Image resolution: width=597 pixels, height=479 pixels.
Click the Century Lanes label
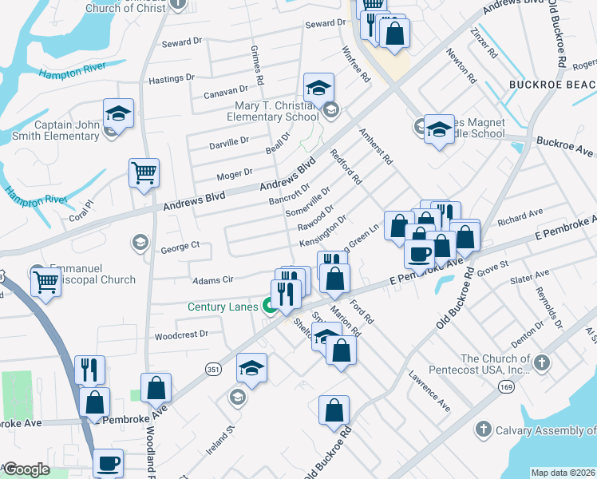[223, 307]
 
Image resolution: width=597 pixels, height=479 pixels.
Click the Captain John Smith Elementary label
[66, 130]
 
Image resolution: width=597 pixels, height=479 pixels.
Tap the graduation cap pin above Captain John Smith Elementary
[118, 114]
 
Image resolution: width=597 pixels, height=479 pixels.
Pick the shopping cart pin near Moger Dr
[144, 173]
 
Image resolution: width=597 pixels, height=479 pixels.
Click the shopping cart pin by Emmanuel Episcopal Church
[46, 282]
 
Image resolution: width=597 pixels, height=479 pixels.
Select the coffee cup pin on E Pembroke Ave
[420, 255]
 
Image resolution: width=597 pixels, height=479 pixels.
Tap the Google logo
[26, 469]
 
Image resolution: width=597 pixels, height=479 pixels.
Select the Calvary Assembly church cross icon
[482, 430]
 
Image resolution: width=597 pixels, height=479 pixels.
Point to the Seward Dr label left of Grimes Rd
[181, 42]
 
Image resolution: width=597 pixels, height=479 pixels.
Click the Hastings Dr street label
[172, 81]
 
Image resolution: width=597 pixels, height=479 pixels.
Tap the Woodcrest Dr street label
[181, 335]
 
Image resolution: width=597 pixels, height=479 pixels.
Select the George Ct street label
[184, 247]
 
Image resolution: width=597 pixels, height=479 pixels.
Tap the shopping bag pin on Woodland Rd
[157, 389]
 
